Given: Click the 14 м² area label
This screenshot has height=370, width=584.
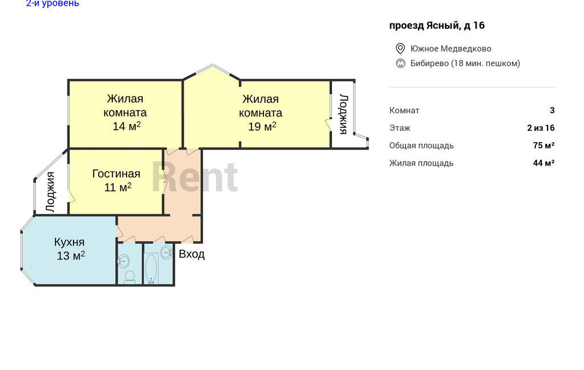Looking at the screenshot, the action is (127, 126).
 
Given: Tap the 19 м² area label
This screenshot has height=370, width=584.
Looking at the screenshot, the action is (262, 126).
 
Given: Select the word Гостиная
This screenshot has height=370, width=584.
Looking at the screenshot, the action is (116, 174).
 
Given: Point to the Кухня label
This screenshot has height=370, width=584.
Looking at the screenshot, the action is (69, 242).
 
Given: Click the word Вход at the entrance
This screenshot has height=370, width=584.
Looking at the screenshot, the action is (192, 254).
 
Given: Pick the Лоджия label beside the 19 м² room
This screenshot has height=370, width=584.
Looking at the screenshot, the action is (343, 114).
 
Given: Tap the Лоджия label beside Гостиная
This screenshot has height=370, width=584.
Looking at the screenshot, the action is (50, 192).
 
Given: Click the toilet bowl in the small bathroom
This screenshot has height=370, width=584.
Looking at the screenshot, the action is (129, 276).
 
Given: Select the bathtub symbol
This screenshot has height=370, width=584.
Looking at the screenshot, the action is (151, 268).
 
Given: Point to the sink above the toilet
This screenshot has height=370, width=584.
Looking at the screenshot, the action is (124, 262).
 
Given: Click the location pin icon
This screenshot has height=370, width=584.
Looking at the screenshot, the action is (400, 49).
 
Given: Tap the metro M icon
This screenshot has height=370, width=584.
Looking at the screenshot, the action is (400, 63).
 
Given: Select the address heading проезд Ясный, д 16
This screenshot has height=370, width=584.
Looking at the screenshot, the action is (437, 25).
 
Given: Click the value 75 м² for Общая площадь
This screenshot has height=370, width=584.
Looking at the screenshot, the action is (544, 146).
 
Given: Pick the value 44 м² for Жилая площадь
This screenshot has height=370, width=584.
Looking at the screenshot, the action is (544, 163).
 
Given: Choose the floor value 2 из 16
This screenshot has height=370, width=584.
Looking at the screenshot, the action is (541, 128).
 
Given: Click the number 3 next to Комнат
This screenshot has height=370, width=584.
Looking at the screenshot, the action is (552, 110).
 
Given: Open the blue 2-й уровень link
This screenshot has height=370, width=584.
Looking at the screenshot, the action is (52, 3).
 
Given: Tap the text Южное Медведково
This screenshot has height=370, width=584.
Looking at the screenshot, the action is (451, 49).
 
